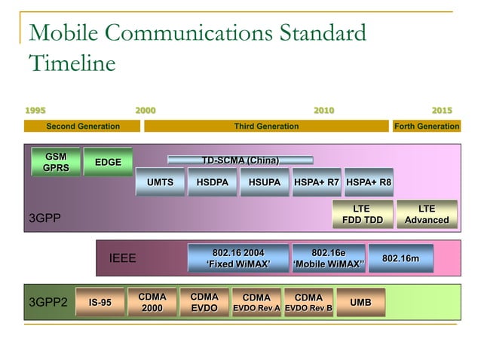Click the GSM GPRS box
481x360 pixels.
point(55,162)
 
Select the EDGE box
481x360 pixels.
point(107,162)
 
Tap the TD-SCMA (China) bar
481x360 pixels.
point(240,160)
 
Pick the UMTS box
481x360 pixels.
point(160,182)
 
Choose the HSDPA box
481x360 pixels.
point(212,182)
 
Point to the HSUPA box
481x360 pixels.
point(265,182)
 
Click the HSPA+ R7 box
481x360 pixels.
point(317,182)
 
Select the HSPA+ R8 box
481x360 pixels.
point(369,182)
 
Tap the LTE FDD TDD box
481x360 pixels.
point(363,215)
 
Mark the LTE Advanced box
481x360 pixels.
point(427,215)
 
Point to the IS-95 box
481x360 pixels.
point(100,303)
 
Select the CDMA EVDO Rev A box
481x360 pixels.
point(256,303)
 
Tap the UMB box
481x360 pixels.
point(360,303)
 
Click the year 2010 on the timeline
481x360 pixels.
point(324,111)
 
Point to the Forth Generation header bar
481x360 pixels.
point(426,126)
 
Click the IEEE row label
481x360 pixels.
point(123,258)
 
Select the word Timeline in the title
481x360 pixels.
point(72,63)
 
